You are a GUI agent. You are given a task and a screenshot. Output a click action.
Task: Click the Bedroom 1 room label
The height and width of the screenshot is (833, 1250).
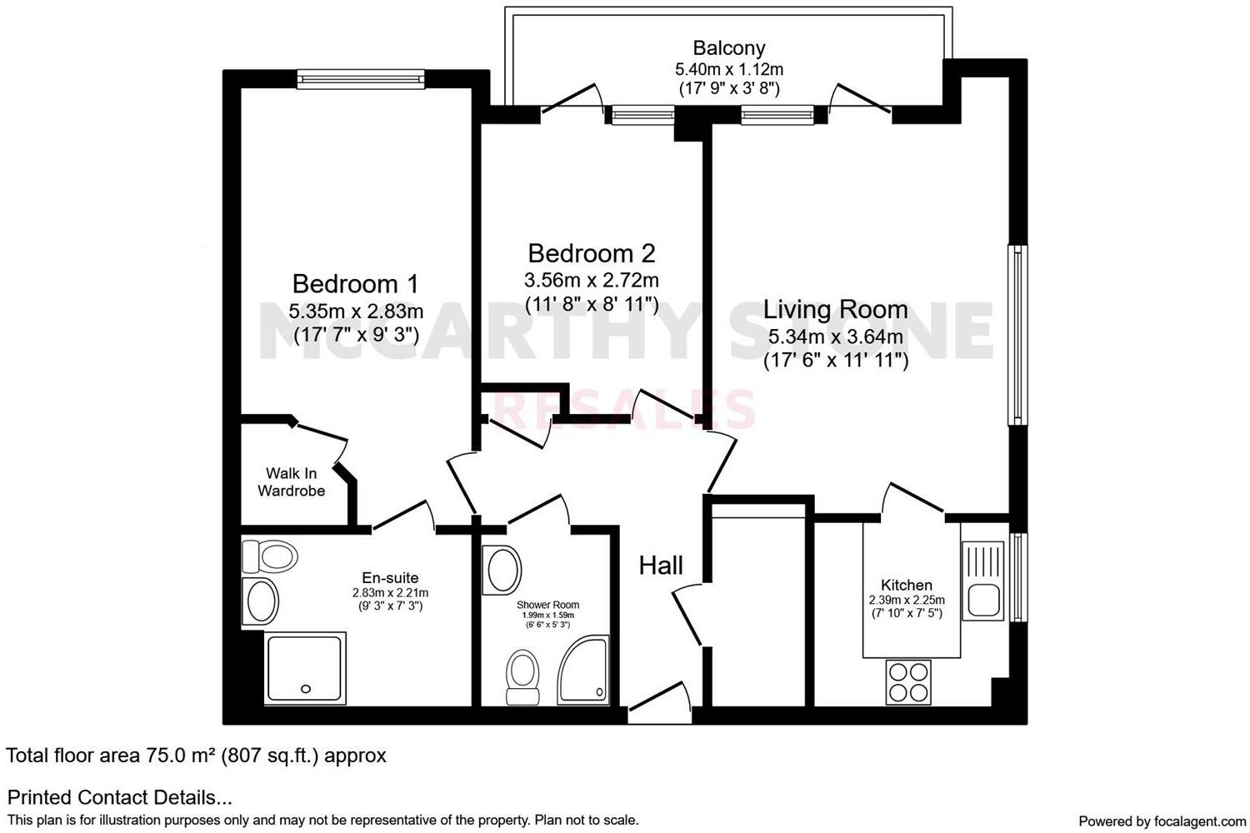click(355, 284)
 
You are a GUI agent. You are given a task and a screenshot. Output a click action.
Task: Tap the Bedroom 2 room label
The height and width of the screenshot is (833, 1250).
click(591, 253)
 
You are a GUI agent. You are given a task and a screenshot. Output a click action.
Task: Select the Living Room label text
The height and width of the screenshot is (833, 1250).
click(835, 310)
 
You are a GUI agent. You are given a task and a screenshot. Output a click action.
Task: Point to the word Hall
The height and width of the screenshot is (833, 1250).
click(660, 566)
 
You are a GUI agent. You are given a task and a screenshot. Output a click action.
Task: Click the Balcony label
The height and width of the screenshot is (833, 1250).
click(728, 48)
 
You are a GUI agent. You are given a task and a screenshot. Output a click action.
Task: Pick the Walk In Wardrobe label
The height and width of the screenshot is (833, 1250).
click(291, 482)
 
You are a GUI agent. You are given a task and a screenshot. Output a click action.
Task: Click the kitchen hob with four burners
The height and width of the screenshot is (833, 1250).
click(907, 681)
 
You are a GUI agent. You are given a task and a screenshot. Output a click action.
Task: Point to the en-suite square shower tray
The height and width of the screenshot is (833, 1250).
click(303, 667)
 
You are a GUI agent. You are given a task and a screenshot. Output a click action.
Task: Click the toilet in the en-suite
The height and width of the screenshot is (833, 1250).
click(268, 556)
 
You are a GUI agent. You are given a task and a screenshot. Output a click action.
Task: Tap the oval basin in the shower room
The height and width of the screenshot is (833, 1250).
click(502, 570)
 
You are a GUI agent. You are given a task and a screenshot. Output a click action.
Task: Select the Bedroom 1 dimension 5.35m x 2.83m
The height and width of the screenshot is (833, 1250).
click(355, 312)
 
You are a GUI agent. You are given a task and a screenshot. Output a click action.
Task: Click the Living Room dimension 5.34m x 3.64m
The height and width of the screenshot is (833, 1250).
click(835, 337)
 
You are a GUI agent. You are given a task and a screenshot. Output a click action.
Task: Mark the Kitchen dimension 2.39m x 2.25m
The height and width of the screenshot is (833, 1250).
click(907, 600)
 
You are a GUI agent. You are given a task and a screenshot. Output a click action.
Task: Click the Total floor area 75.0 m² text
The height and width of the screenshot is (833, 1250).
click(196, 756)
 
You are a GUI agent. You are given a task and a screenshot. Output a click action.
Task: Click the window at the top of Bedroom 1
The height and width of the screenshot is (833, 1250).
click(361, 79)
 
